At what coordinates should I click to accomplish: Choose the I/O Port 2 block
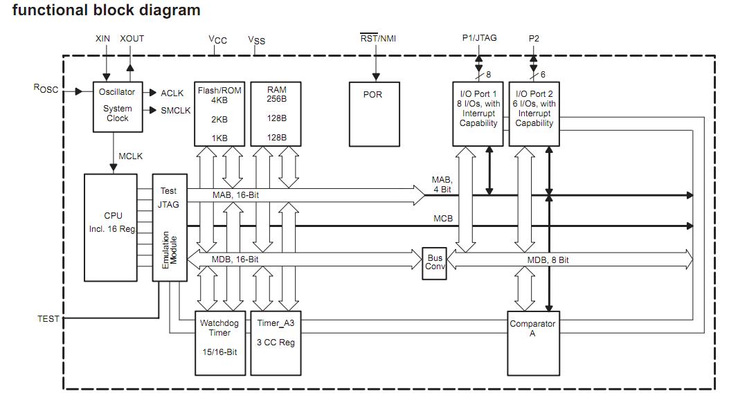click(534, 114)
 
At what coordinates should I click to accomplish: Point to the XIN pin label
click(103, 39)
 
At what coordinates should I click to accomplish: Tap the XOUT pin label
click(132, 39)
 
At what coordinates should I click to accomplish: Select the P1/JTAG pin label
click(479, 38)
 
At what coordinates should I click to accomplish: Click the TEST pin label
click(48, 318)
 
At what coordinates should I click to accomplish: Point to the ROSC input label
click(46, 89)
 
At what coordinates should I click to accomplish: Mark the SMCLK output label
click(176, 111)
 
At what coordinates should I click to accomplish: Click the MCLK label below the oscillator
click(130, 156)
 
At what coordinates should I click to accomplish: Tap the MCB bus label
click(443, 219)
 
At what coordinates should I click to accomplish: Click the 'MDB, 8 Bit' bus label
click(548, 260)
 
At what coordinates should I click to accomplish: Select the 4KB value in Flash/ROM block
click(219, 100)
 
